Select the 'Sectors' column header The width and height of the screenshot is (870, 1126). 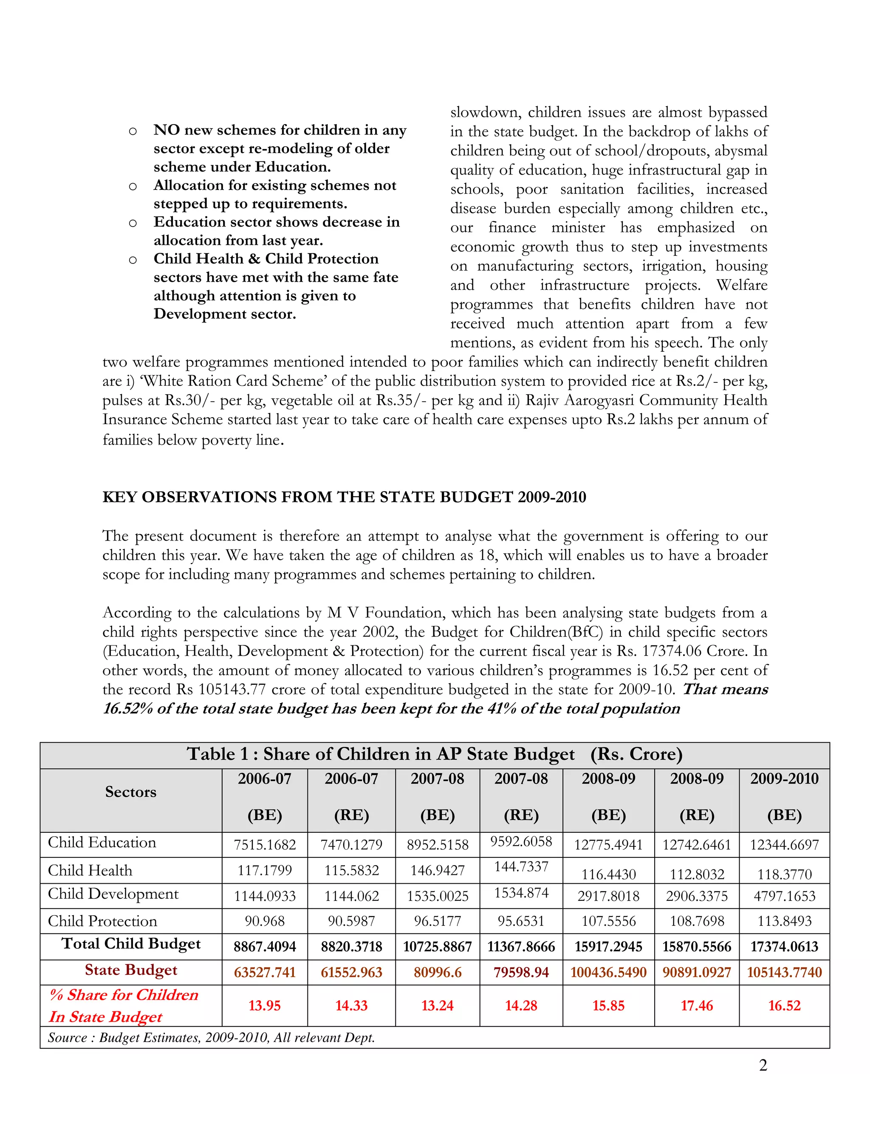point(130,792)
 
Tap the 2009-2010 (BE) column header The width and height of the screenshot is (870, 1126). point(784,797)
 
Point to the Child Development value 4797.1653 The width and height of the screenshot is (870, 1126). point(784,896)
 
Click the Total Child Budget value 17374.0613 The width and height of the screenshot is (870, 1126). point(784,947)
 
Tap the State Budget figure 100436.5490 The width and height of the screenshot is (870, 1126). point(608,972)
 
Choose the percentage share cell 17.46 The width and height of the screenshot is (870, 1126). point(696,1005)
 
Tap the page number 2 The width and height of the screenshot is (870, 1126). point(763,1065)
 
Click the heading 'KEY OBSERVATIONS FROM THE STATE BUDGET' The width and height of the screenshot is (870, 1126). point(344,497)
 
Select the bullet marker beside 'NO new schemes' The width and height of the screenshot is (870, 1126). point(133,131)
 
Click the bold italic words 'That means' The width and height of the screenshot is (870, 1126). point(725,689)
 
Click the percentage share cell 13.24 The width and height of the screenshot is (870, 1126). point(437,1005)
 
